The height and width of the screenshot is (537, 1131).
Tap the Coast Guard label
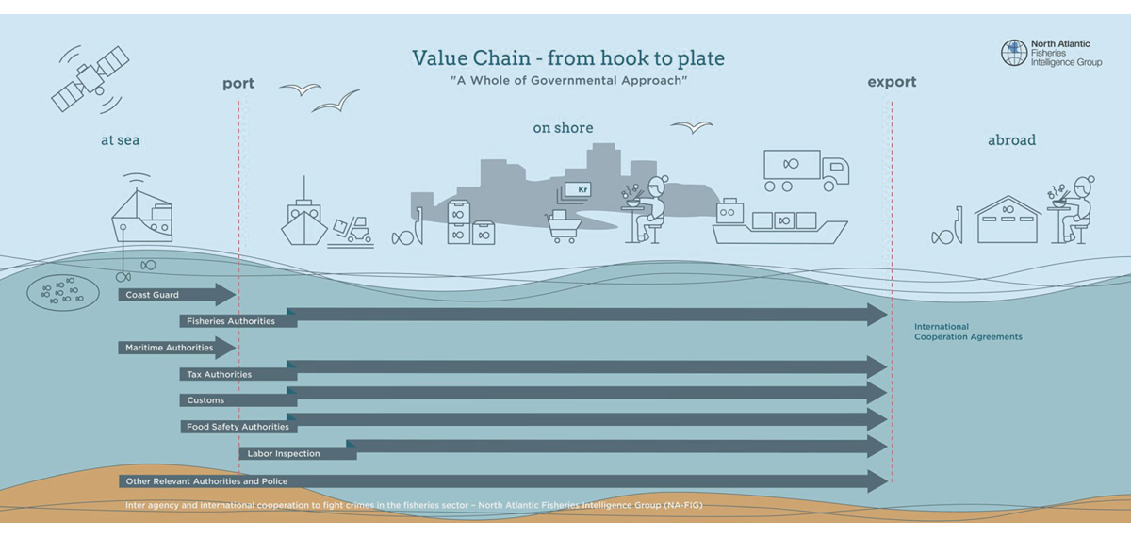(x=153, y=295)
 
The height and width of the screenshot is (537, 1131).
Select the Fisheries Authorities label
(x=231, y=321)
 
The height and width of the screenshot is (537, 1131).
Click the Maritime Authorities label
(x=170, y=348)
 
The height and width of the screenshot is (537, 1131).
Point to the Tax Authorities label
(x=220, y=374)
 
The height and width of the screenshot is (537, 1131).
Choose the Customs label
(x=205, y=400)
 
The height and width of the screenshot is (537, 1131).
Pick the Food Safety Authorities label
(x=238, y=427)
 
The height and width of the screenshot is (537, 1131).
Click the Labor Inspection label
(x=283, y=453)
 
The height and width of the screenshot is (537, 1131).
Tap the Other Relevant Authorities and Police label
(x=206, y=481)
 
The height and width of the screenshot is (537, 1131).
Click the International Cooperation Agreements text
(x=968, y=332)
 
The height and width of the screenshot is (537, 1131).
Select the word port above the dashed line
(x=238, y=83)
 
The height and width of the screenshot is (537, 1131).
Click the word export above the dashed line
(x=892, y=82)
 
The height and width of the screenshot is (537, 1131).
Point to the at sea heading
(x=121, y=140)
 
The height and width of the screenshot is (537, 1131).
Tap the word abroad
(x=1011, y=140)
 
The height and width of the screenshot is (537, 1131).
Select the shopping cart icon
(x=561, y=226)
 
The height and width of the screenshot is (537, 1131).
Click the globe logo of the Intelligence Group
(x=1014, y=53)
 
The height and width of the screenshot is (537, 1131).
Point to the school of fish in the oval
(x=62, y=294)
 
